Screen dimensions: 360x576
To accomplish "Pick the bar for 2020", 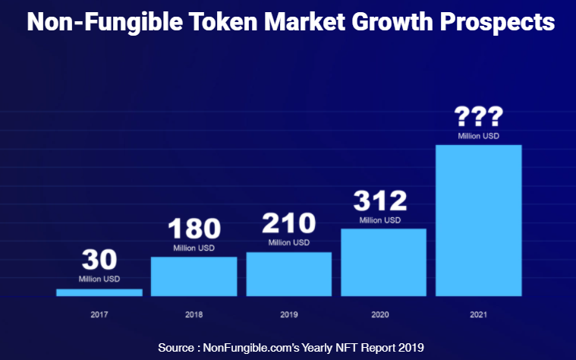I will (383, 262).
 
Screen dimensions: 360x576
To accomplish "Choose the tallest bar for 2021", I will (478, 220).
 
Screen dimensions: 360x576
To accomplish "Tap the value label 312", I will (380, 201).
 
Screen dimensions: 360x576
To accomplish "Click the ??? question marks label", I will (478, 118).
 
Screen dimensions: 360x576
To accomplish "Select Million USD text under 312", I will (380, 220).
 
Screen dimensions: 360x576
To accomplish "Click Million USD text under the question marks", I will (478, 137).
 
